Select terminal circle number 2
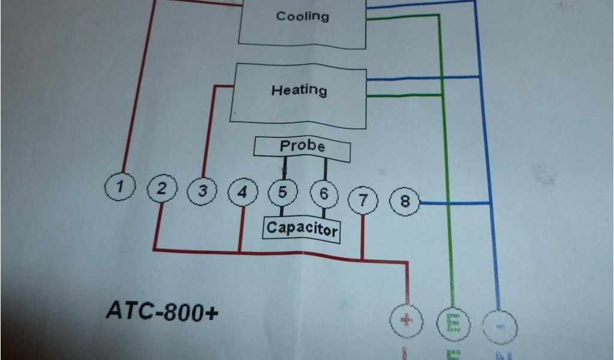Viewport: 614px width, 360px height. click(162, 190)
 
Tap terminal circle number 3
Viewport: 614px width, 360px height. click(203, 191)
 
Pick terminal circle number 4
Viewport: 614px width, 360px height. click(242, 193)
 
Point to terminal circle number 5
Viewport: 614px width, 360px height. click(282, 193)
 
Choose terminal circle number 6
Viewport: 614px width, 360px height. click(324, 194)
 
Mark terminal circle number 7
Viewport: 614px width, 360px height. click(363, 200)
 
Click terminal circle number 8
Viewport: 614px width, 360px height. click(405, 201)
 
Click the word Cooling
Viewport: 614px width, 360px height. click(302, 16)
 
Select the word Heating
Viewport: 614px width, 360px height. click(299, 90)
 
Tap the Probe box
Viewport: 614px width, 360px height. click(302, 147)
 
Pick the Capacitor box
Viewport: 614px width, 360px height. click(302, 229)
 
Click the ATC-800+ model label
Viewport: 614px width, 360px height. click(162, 310)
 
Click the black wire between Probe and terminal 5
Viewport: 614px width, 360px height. click(285, 168)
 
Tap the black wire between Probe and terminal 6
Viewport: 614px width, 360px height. click(326, 170)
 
